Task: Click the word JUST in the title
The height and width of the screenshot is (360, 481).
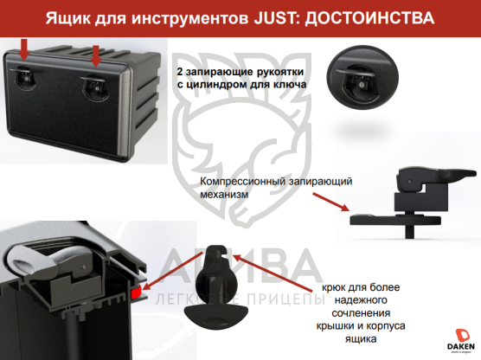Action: coord(274,18)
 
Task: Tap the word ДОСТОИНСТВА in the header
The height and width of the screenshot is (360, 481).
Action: coord(369,18)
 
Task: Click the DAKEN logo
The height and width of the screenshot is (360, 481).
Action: coord(461,340)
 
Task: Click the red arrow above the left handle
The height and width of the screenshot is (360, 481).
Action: coord(23,49)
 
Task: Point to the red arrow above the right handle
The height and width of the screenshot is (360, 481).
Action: coord(96,56)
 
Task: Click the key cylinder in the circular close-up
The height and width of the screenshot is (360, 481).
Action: coord(362,85)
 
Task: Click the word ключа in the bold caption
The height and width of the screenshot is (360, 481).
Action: coord(290,84)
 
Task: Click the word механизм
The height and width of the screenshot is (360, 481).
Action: coord(224,194)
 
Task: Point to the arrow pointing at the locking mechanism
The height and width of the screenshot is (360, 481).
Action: coord(331,202)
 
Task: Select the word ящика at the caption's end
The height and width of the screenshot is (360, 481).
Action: coord(361,339)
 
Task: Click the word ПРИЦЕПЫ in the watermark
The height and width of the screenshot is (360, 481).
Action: coord(285,299)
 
